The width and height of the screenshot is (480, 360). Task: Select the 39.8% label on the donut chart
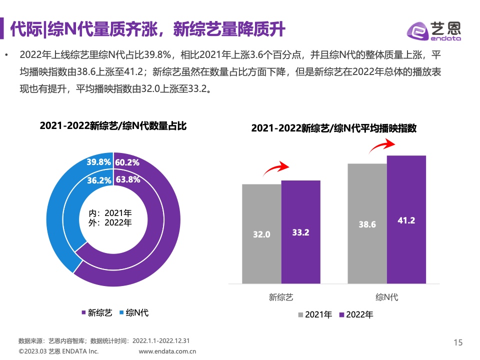98,162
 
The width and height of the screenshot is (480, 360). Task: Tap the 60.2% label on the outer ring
127,162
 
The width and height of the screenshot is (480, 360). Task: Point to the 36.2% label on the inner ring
99,180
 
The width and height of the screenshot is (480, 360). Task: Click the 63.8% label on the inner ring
127,179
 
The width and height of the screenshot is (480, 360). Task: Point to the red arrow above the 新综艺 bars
276,169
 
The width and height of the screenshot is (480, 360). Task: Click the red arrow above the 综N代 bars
381,145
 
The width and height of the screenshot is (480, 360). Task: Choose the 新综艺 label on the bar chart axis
281,297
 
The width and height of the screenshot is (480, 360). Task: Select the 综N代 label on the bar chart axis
387,297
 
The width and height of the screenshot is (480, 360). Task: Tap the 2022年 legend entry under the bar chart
356,314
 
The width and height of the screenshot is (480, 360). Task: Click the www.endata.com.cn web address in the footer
167,351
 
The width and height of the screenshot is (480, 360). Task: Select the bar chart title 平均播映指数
334,128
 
